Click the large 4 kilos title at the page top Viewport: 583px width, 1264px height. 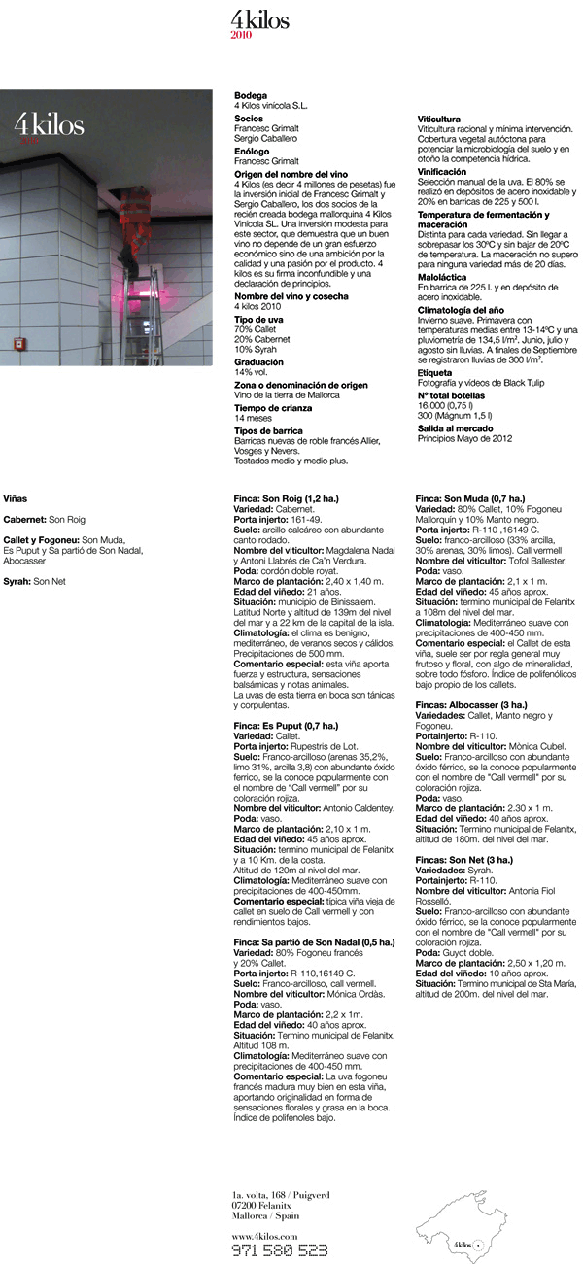[259, 18]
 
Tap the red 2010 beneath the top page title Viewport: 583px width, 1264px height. [241, 35]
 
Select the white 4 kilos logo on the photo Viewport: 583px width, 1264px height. [49, 125]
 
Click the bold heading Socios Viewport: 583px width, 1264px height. [249, 119]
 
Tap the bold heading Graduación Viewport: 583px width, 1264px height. [257, 361]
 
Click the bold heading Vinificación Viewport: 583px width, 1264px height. [445, 170]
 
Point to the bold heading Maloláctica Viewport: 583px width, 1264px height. [445, 277]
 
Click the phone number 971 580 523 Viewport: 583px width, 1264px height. [279, 1249]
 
